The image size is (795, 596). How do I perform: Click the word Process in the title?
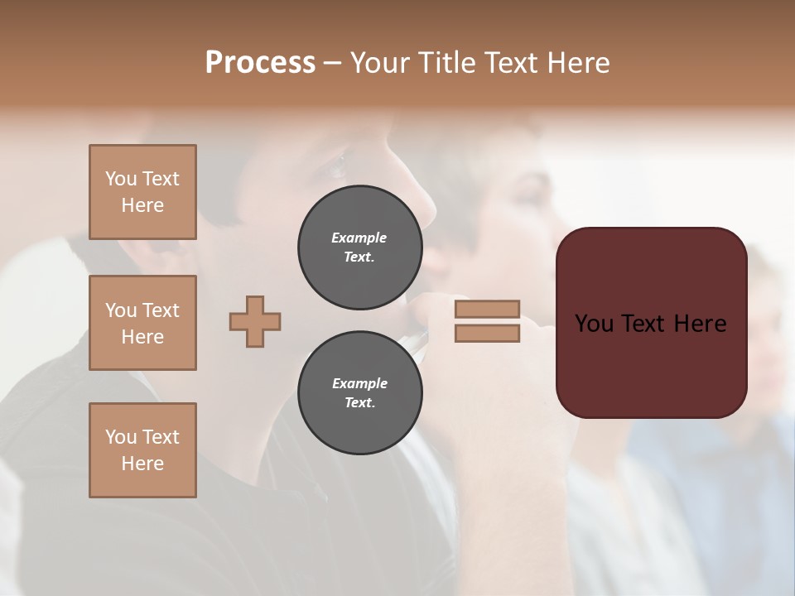pos(260,63)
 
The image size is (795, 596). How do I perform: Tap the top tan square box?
pos(142,192)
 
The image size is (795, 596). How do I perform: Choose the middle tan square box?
pos(142,323)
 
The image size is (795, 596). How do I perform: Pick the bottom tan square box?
pos(142,450)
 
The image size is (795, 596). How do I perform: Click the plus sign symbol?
pos(255,321)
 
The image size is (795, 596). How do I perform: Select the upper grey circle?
pos(359,248)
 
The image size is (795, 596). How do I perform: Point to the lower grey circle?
pos(359,393)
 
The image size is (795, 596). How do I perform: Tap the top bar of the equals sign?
pos(487,309)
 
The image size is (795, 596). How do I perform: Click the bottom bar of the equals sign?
pos(487,333)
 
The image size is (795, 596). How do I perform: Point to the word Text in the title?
pos(512,63)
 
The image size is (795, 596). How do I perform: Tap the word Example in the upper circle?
pos(359,238)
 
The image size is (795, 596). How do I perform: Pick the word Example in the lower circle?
pos(359,383)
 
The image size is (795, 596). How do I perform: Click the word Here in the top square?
pos(142,205)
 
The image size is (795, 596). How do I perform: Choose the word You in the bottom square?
pos(121,436)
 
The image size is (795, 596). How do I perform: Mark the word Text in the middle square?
pos(161,310)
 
